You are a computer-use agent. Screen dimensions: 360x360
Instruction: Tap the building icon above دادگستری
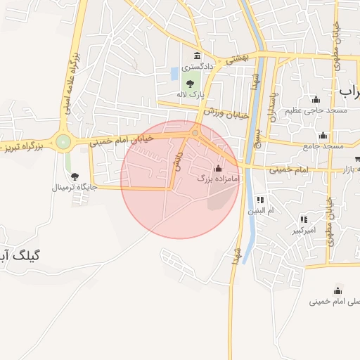[x=196, y=56]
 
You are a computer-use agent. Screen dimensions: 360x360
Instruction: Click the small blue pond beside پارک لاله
[x=174, y=73]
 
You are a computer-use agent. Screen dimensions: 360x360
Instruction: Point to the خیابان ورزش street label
[x=227, y=112]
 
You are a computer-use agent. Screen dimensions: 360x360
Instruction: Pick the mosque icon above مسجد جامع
[x=323, y=136]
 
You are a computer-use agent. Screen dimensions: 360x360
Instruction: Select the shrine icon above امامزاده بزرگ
[x=218, y=169]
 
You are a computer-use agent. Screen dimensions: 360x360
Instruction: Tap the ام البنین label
[x=261, y=210]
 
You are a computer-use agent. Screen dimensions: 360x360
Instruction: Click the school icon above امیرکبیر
[x=303, y=219]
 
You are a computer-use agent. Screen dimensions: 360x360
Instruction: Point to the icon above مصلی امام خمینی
[x=337, y=291]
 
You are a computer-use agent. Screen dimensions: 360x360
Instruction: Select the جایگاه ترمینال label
[x=74, y=188]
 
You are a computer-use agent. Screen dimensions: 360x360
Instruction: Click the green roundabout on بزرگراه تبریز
[x=64, y=143]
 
